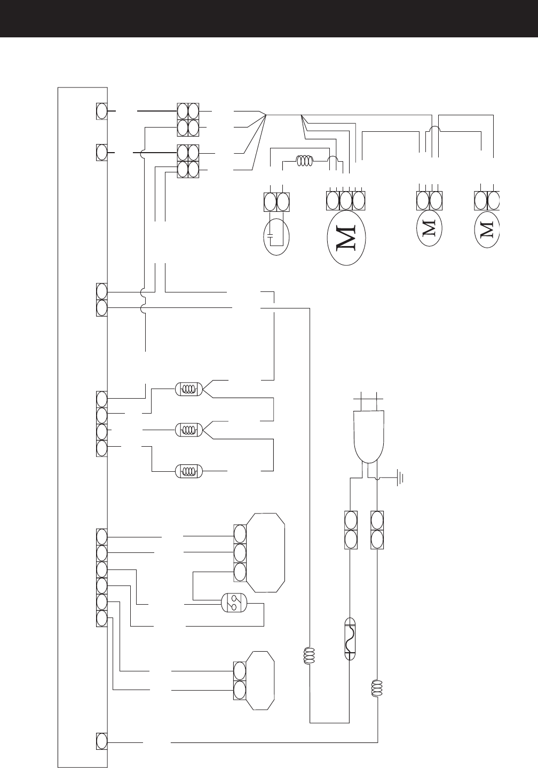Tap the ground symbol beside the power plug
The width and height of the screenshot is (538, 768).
coord(400,478)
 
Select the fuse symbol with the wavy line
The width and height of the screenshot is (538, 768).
coord(350,638)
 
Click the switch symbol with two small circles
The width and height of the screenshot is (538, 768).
coord(234,602)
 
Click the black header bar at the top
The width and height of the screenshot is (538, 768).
coord(269,19)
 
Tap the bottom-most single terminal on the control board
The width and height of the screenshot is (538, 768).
coord(101,742)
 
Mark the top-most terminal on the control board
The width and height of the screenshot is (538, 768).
coord(101,111)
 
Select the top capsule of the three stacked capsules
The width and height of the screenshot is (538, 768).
coord(189,389)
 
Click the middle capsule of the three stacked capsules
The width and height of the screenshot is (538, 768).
coord(189,429)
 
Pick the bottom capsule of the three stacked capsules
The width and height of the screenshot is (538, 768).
coord(189,471)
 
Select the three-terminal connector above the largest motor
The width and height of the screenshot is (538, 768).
coord(345,201)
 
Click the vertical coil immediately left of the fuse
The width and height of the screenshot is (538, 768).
coord(309,655)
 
